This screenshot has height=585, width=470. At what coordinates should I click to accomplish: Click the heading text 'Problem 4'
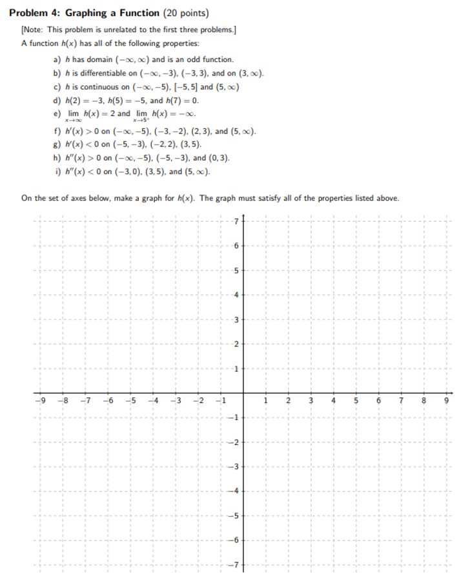tap(35, 13)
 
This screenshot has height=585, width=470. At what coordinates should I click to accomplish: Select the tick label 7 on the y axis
tap(236, 221)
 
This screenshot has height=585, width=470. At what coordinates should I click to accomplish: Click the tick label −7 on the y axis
tap(235, 565)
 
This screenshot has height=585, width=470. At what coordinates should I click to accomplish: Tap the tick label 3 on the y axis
tap(236, 320)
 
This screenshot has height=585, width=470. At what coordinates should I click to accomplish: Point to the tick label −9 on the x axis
tap(40, 401)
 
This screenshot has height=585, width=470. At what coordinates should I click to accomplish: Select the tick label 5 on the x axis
tap(356, 401)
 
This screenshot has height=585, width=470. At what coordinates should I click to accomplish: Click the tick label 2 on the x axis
tap(288, 401)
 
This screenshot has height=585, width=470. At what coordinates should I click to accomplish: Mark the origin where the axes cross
tap(243, 393)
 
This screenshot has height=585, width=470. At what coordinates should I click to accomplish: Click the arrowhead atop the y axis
tap(243, 215)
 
